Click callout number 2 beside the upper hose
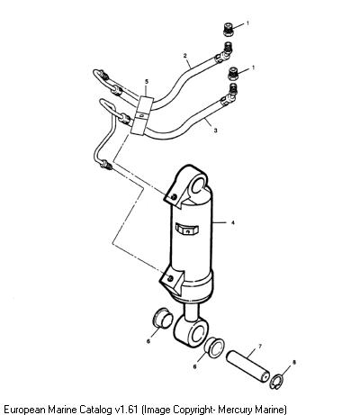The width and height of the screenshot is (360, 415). pos(185,55)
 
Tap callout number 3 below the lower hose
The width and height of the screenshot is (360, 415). pos(215,131)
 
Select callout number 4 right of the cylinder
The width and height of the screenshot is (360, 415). pos(232,222)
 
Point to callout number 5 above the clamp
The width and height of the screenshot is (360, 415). pos(147,81)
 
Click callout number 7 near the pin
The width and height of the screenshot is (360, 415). pos(260,347)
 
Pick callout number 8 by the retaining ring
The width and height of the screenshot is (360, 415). pos(294,363)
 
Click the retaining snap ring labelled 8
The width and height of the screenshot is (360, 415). pos(276,382)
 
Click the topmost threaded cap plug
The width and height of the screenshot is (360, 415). pos(229,30)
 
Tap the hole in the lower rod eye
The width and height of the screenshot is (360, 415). pos(198,333)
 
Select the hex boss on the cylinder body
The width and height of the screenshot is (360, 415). pos(186,230)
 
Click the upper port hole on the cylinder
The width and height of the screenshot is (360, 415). pos(173,197)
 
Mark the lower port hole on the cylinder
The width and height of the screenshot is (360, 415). pos(170,278)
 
